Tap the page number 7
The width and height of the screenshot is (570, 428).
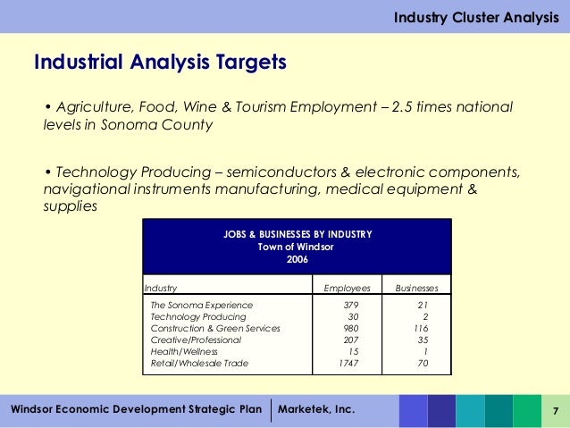(x=556, y=410)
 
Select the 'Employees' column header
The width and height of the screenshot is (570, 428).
(x=346, y=289)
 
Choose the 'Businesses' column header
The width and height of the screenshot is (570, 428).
(x=417, y=289)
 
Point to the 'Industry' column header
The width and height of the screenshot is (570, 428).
(x=161, y=289)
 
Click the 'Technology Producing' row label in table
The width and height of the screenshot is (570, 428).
(x=198, y=317)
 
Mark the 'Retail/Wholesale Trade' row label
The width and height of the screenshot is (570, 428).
(x=199, y=364)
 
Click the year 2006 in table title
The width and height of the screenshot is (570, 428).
(x=297, y=259)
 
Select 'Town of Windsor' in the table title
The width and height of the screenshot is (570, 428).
(x=297, y=247)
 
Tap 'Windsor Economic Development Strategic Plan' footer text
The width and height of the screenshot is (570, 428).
(x=136, y=409)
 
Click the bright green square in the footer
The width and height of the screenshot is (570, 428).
(x=526, y=410)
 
